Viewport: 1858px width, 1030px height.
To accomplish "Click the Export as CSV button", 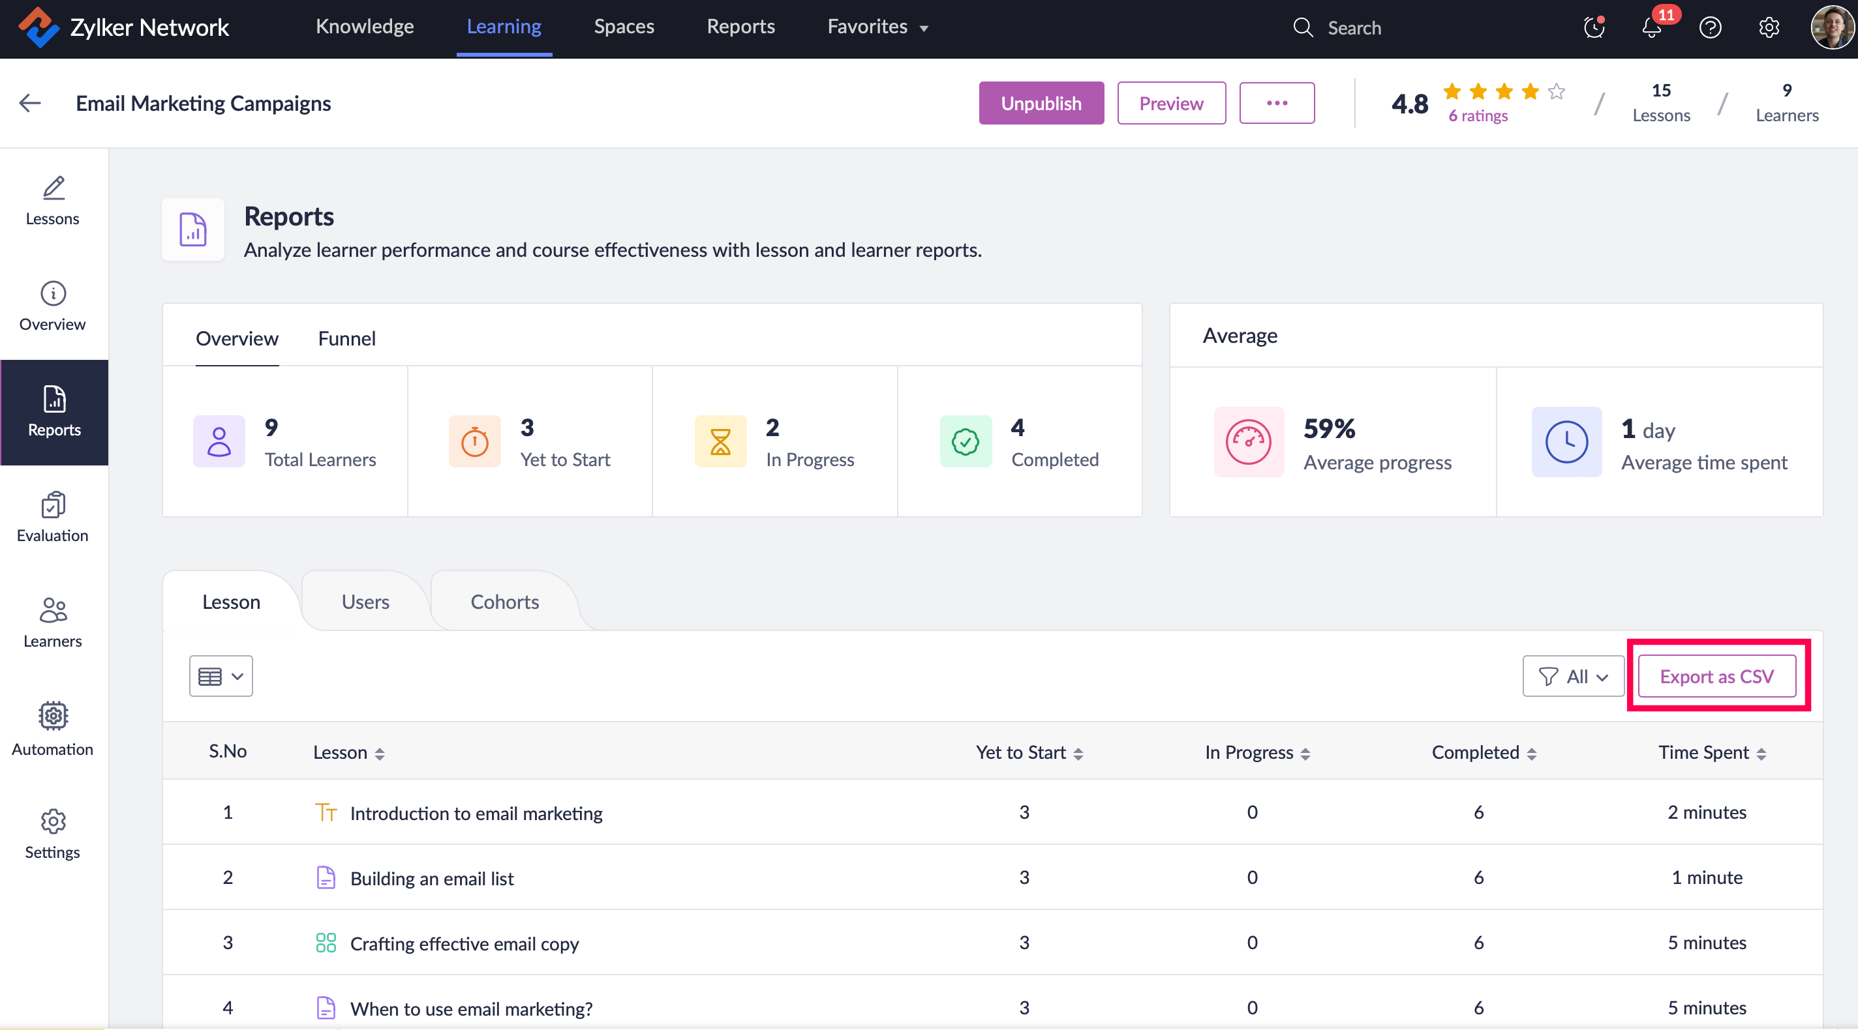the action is tap(1716, 676).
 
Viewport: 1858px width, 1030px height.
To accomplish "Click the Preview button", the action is tap(1171, 103).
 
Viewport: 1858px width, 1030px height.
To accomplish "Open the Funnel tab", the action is tap(347, 338).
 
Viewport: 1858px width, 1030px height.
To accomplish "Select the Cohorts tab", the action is tap(505, 602).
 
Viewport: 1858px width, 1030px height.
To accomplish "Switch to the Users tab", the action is tap(366, 602).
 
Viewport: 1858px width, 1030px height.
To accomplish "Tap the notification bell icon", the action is tap(1652, 28).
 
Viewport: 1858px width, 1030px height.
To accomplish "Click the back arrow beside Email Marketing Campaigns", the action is tap(29, 103).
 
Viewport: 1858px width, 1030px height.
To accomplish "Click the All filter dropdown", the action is tap(1573, 676).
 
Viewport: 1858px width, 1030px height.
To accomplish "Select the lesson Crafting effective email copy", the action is tap(464, 943).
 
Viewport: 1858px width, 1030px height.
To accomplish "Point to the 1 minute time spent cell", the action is tap(1707, 877).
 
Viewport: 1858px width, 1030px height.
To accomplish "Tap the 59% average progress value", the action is tap(1330, 429).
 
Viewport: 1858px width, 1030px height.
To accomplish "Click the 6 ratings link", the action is tap(1478, 116).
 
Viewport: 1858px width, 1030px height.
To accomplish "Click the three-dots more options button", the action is tap(1277, 103).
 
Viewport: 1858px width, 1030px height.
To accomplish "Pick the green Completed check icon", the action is tap(966, 442).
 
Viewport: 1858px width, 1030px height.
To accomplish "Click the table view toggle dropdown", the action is tap(221, 676).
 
